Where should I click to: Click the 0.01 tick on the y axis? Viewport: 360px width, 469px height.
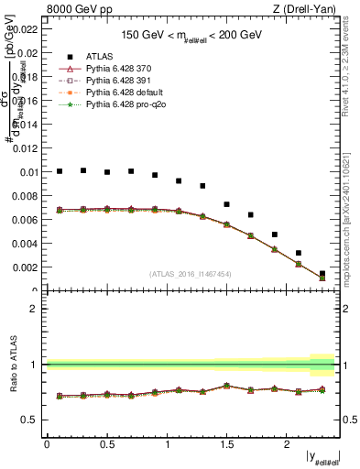coord(28,172)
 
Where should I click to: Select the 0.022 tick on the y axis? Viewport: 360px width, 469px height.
coord(26,29)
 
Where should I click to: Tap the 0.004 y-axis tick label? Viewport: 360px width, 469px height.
coord(26,244)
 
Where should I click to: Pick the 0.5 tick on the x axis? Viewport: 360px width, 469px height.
coord(106,445)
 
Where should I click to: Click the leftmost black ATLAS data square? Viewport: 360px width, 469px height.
coord(60,171)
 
